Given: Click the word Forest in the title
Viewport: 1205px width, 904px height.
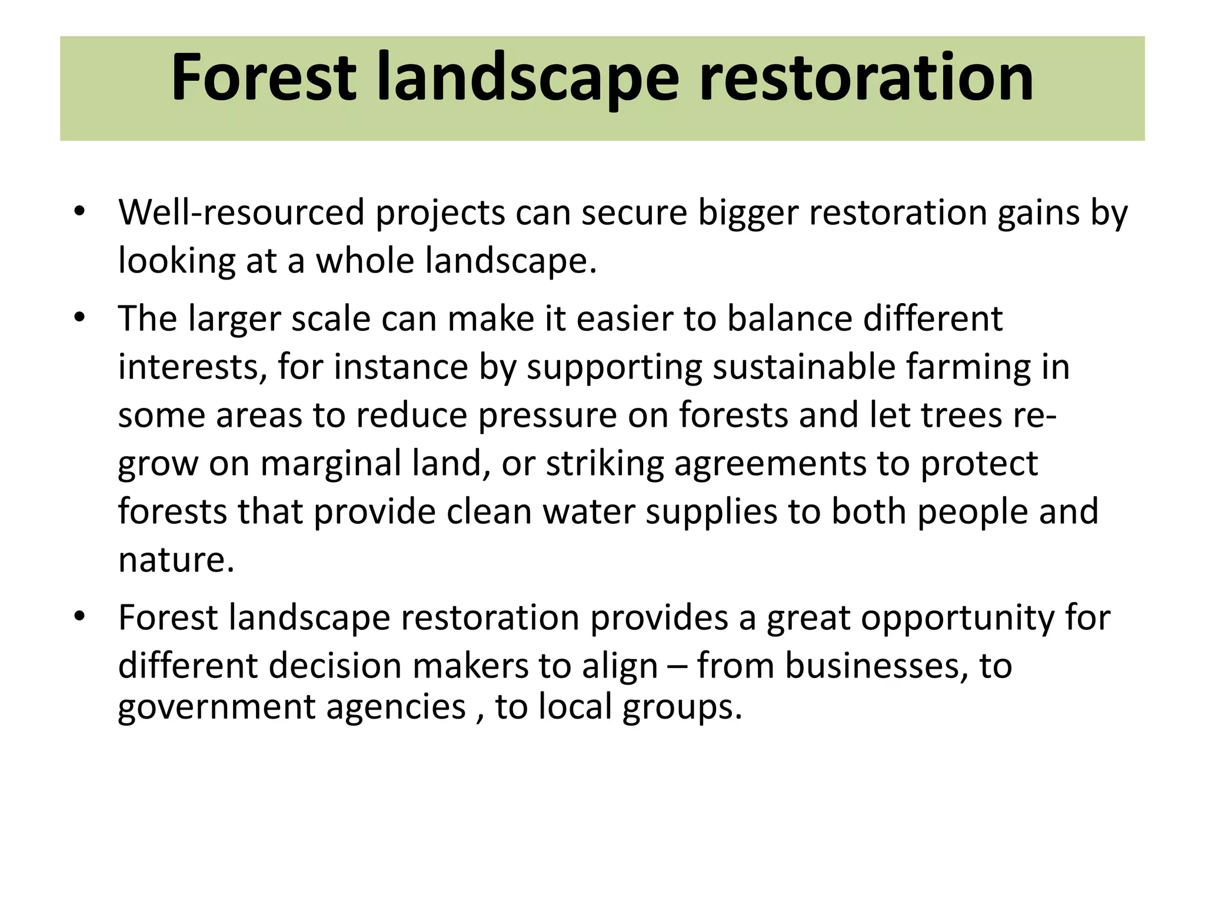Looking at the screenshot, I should (263, 78).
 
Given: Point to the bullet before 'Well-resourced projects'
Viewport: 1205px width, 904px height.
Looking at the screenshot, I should (80, 211).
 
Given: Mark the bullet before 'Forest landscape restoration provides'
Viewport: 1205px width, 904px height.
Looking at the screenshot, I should (80, 617).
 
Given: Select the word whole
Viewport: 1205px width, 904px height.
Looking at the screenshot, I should (364, 261).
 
